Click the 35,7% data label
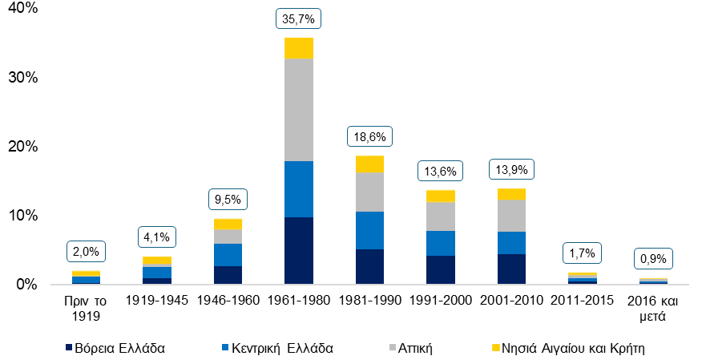298,18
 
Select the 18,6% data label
369,137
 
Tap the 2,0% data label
86,252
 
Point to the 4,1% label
157,237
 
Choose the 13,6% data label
440,171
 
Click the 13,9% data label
511,171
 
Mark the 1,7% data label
582,253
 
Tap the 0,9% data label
653,259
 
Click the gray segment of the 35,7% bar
298,110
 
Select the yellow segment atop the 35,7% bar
298,48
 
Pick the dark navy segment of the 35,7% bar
298,249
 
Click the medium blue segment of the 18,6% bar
369,230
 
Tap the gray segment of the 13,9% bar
511,216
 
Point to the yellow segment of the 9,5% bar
228,224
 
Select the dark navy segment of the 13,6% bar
440,269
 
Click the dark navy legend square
69,347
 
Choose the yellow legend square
496,347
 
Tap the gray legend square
393,347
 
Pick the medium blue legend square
225,347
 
